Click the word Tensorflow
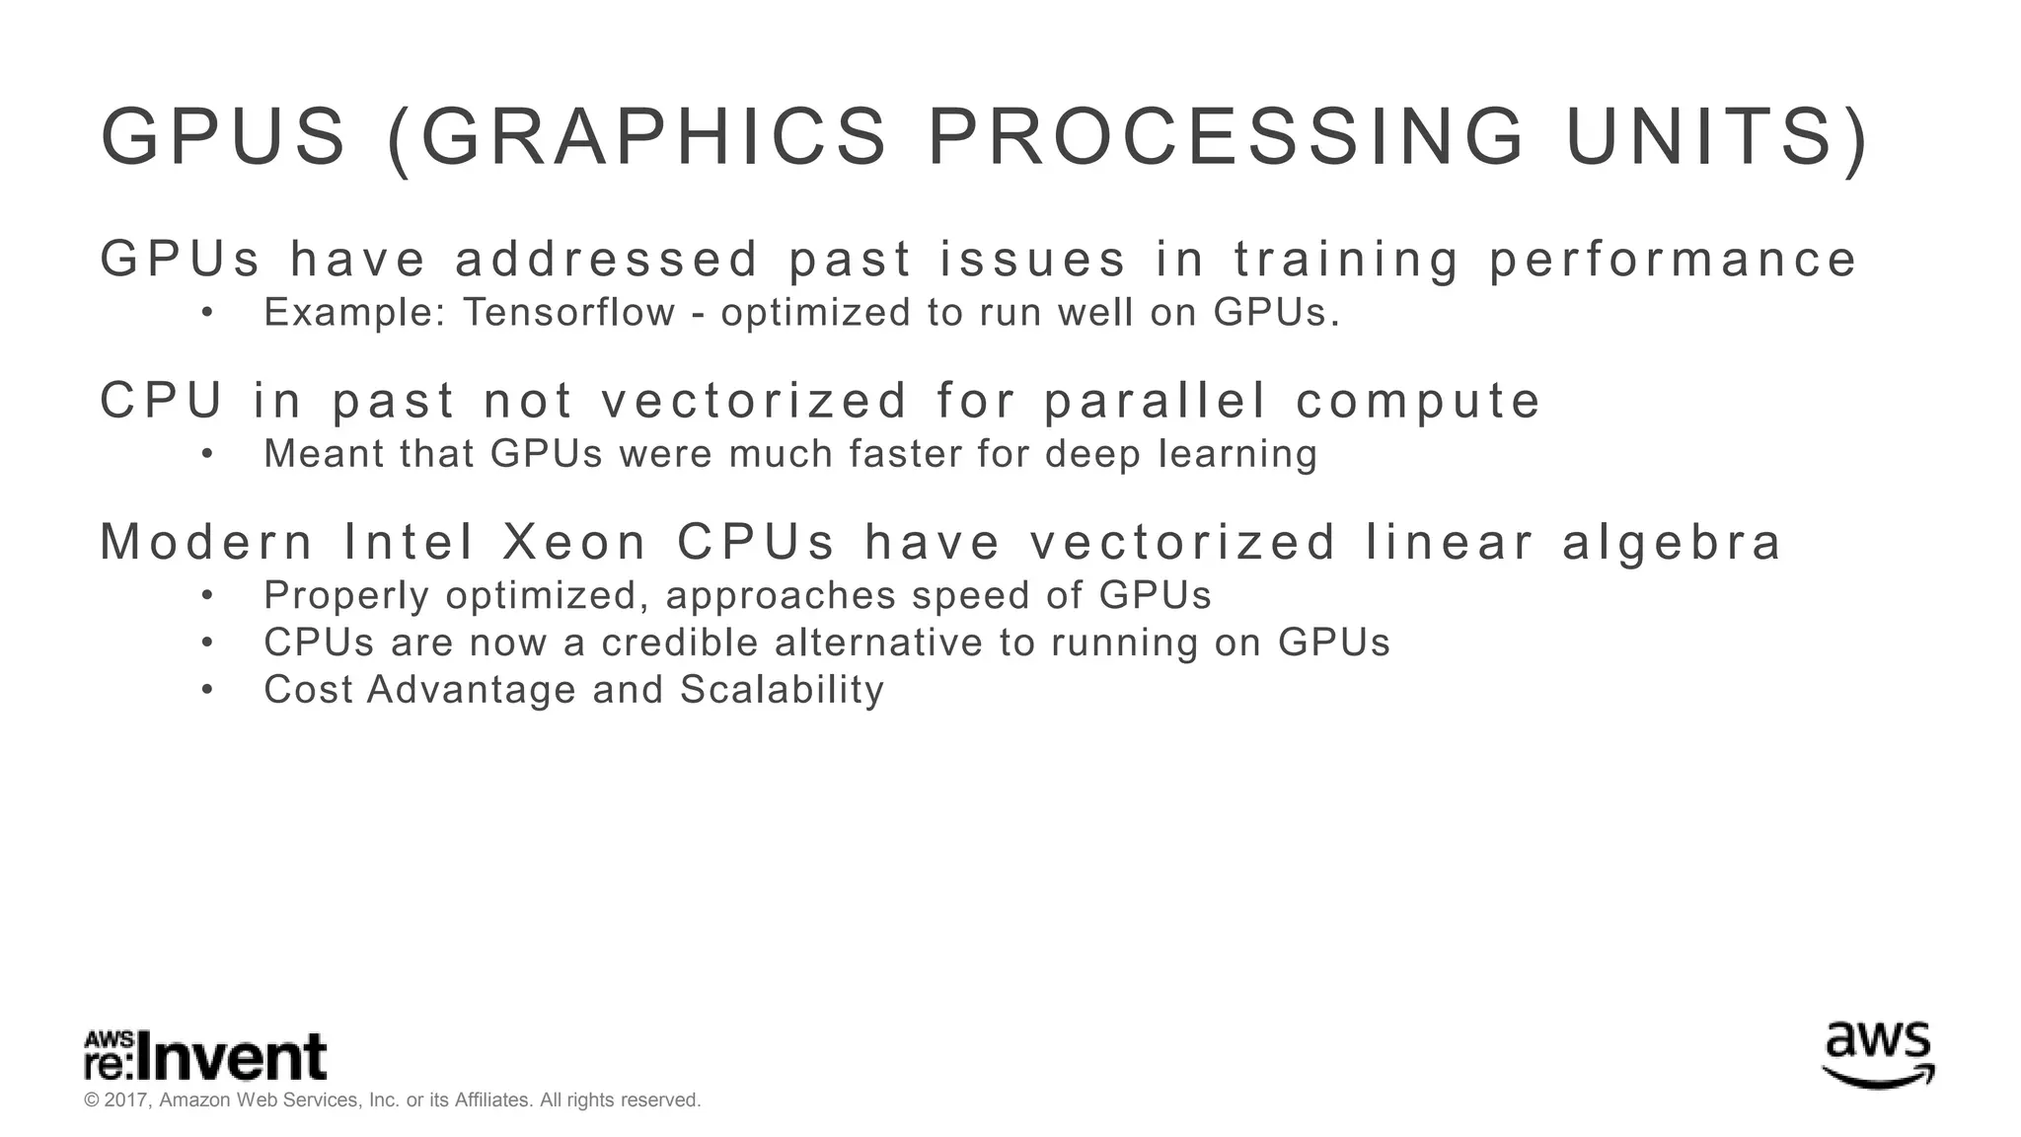pos(569,313)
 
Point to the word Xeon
pos(574,542)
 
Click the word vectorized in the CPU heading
pos(755,401)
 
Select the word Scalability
pos(782,689)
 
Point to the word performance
pos(1673,260)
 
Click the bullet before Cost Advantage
pos(207,690)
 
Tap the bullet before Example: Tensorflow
pos(207,314)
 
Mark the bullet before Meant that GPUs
pos(207,455)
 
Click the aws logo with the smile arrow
pos(1878,1053)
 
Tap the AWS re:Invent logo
pos(205,1056)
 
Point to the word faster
pos(907,454)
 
